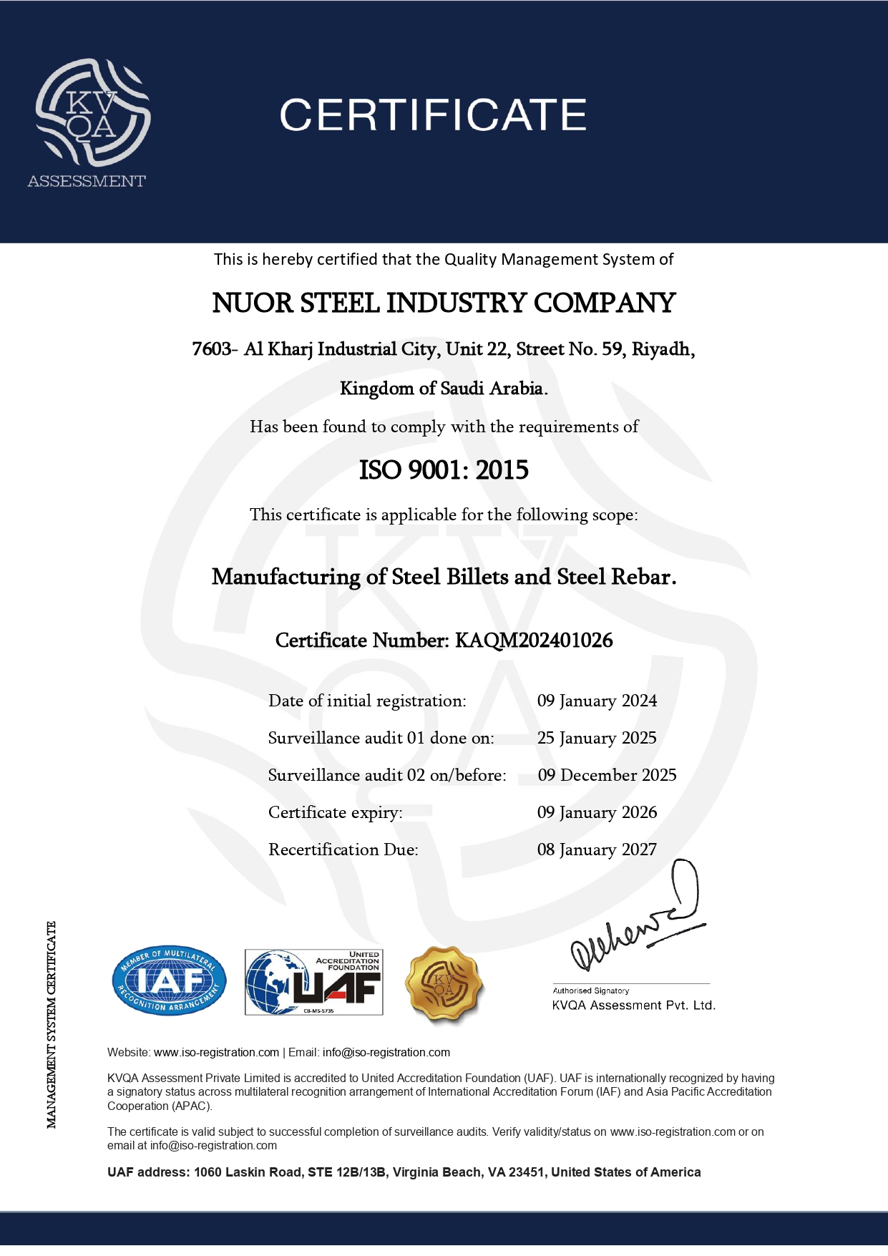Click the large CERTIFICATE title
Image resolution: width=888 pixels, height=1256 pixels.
click(433, 115)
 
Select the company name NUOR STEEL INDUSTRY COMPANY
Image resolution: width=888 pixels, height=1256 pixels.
click(444, 303)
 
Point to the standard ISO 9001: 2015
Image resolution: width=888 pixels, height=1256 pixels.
click(444, 470)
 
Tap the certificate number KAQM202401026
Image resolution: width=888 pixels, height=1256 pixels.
click(534, 641)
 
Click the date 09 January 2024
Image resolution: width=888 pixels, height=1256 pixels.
click(597, 701)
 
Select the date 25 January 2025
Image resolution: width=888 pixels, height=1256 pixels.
click(597, 738)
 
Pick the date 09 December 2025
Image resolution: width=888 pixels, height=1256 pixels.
click(607, 775)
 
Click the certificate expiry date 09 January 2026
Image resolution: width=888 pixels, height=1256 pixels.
click(597, 812)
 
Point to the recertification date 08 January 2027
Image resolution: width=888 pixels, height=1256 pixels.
click(597, 849)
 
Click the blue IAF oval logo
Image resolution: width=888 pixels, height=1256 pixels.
click(170, 980)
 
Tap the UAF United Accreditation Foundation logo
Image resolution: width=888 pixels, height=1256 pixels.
click(314, 982)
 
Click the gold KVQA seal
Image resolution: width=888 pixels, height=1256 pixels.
click(444, 983)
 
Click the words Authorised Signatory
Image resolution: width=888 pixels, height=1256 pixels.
click(590, 991)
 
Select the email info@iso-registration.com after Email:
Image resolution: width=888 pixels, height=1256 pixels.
click(386, 1053)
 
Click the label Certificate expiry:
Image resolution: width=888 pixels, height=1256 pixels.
click(336, 812)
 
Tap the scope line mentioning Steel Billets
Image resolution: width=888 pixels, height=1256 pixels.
click(444, 577)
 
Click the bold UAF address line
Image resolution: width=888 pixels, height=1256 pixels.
click(404, 1172)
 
